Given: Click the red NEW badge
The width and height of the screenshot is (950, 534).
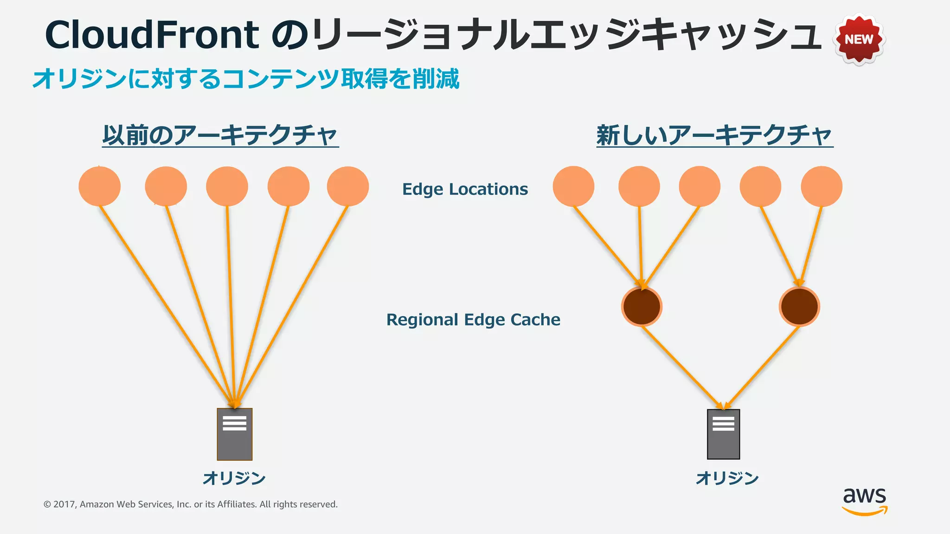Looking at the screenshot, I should (859, 39).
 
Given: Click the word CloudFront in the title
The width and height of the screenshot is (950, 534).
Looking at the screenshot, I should (152, 35).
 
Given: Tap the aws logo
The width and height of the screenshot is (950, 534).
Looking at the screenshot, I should (864, 501).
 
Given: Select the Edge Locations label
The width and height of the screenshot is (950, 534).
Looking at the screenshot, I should (465, 189).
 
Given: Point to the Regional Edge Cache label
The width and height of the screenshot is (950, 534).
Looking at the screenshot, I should (473, 320).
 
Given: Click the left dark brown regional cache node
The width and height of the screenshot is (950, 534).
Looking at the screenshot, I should (642, 306).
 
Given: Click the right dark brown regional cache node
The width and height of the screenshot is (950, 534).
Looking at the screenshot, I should (799, 306).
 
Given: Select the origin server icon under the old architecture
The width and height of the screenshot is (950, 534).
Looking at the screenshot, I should (235, 434).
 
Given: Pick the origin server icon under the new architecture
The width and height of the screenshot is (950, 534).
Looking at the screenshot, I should (723, 434).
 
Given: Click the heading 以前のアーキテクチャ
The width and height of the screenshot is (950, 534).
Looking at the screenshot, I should (220, 135).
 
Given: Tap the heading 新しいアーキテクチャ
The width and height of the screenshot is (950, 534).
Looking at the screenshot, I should (714, 135).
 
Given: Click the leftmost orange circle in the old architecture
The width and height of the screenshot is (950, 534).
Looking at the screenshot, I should (99, 186).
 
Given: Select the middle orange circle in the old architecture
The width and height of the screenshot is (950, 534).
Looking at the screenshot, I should (227, 186).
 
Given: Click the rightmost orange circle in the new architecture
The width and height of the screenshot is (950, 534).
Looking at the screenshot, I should (821, 186).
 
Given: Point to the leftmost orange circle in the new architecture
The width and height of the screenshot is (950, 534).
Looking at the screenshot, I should (573, 186).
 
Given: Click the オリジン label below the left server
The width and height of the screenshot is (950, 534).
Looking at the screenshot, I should (234, 478).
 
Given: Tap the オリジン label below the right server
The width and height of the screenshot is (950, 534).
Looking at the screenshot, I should (727, 478).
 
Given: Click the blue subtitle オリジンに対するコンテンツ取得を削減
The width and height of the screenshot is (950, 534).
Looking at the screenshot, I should (246, 79).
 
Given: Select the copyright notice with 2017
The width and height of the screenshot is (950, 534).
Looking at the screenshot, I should (190, 504).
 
